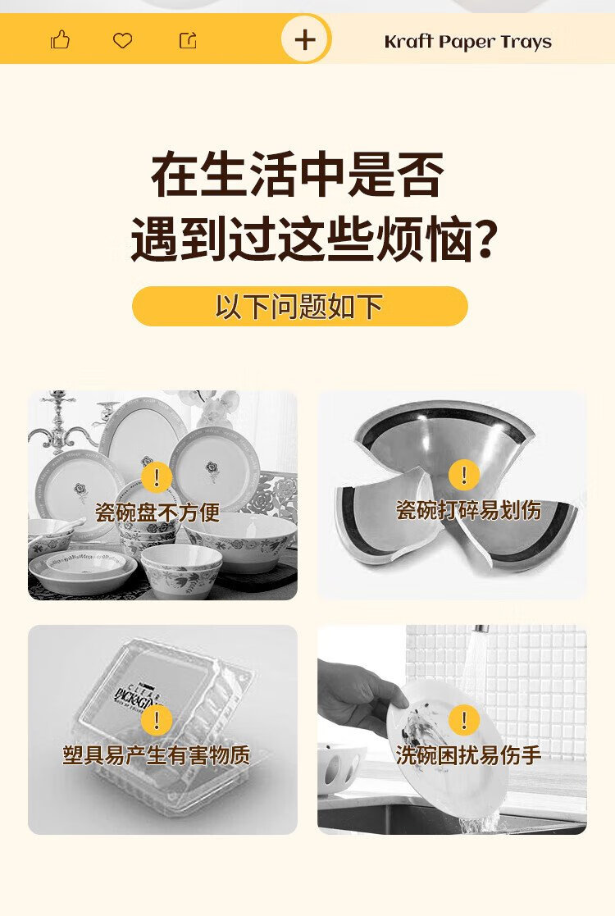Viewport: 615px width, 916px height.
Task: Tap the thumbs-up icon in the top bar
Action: point(60,39)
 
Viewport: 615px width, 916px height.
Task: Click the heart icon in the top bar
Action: point(123,40)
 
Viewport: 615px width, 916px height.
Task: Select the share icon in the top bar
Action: point(188,39)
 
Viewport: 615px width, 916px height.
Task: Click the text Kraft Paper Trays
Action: point(468,42)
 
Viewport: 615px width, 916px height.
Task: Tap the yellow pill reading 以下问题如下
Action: point(299,306)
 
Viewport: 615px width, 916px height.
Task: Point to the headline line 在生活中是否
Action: point(298,175)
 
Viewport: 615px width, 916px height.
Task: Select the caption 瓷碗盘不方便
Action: point(157,513)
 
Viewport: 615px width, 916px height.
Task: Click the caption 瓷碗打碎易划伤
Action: point(468,510)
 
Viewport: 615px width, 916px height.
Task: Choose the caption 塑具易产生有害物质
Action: point(157,754)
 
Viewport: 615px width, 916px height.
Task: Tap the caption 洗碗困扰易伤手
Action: point(468,754)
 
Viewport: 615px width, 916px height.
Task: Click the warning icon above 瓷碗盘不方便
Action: point(157,477)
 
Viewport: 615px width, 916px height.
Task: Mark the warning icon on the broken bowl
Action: point(464,474)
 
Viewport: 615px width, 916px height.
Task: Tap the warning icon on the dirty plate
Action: point(464,719)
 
